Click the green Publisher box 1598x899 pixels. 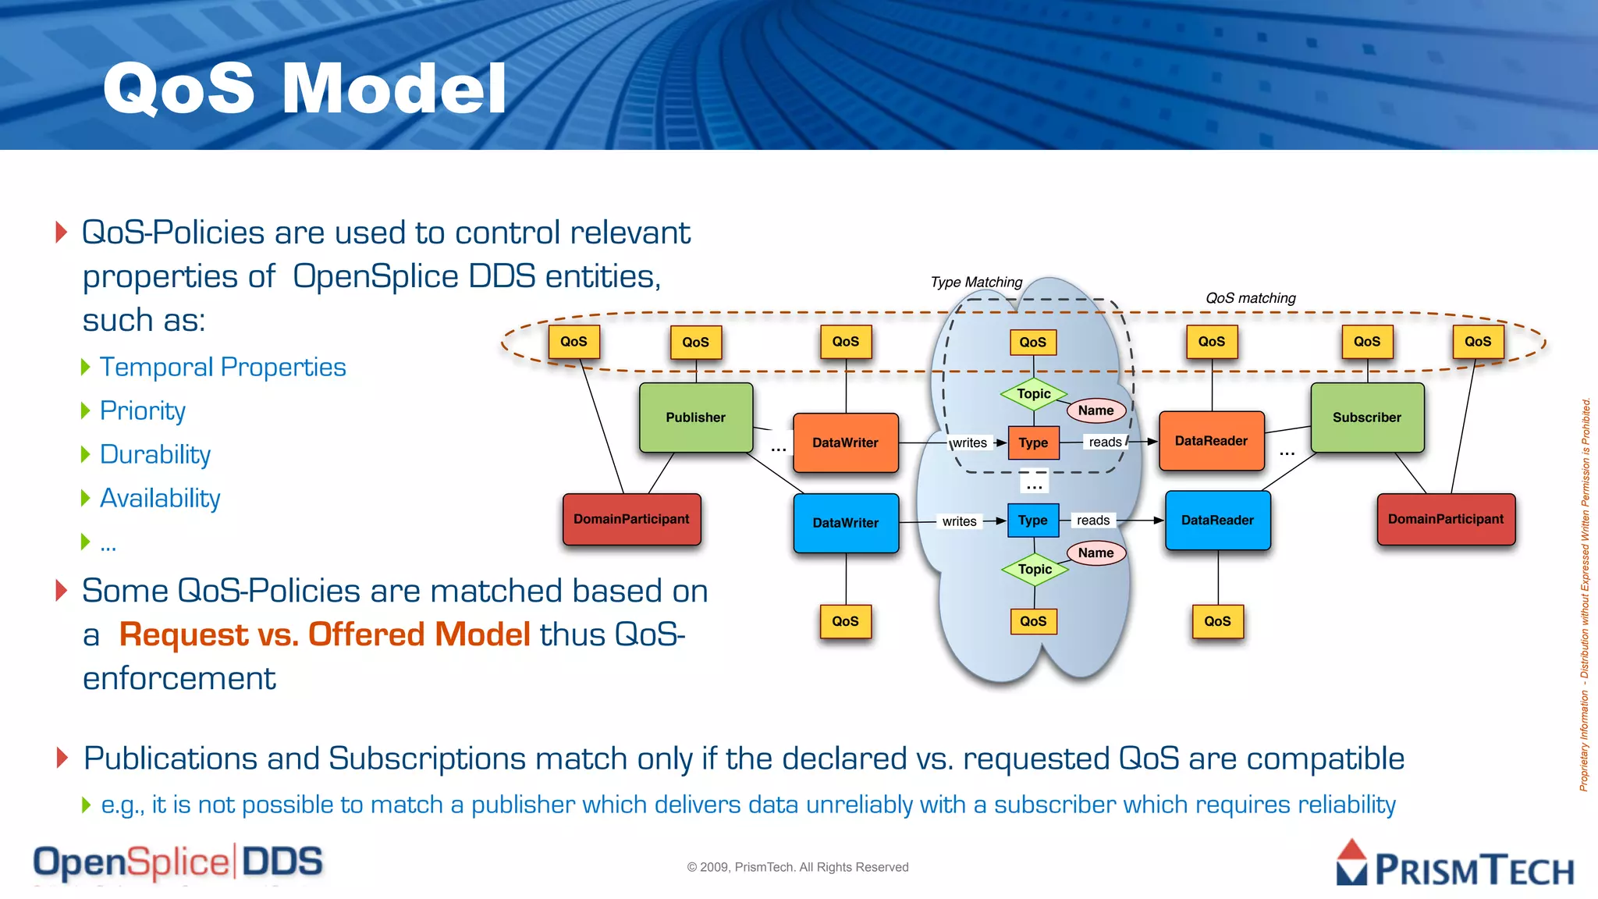coord(695,418)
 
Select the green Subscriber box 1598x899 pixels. coord(1366,418)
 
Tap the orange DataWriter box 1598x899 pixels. coord(845,442)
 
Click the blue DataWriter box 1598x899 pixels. coord(845,523)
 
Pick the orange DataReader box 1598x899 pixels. coord(1211,441)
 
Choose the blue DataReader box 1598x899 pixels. coord(1217,521)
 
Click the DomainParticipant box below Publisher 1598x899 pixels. coord(631,519)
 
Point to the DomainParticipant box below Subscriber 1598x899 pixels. coord(1445,519)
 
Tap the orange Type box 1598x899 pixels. coord(1033,442)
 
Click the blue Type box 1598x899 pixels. coord(1032,521)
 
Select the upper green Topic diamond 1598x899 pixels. coord(1033,394)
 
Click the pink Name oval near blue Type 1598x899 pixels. coord(1096,553)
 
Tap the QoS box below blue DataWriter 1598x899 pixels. coord(845,621)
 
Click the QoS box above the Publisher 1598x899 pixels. coord(695,342)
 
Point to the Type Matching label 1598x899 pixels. coord(976,282)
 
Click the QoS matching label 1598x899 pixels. coord(1250,298)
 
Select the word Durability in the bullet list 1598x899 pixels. coord(155,455)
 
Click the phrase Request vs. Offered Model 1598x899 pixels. coord(325,634)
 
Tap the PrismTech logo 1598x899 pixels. coord(1454,864)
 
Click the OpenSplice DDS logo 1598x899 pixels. coord(178,862)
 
